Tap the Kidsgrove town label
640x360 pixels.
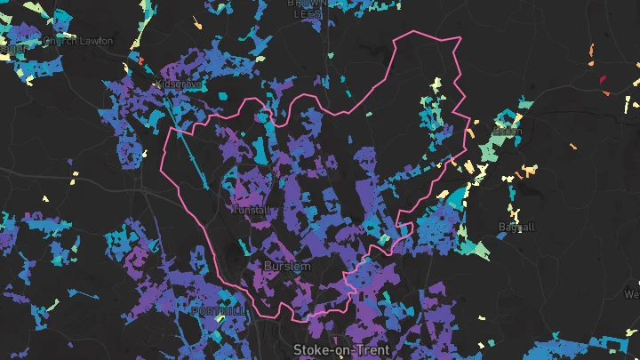[178, 84]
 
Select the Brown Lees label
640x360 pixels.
[303, 7]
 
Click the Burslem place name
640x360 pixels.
[287, 266]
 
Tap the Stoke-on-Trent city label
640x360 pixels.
[341, 350]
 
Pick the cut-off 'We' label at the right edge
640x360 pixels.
[631, 294]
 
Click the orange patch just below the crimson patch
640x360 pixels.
[606, 92]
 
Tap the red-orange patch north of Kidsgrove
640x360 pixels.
[140, 60]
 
